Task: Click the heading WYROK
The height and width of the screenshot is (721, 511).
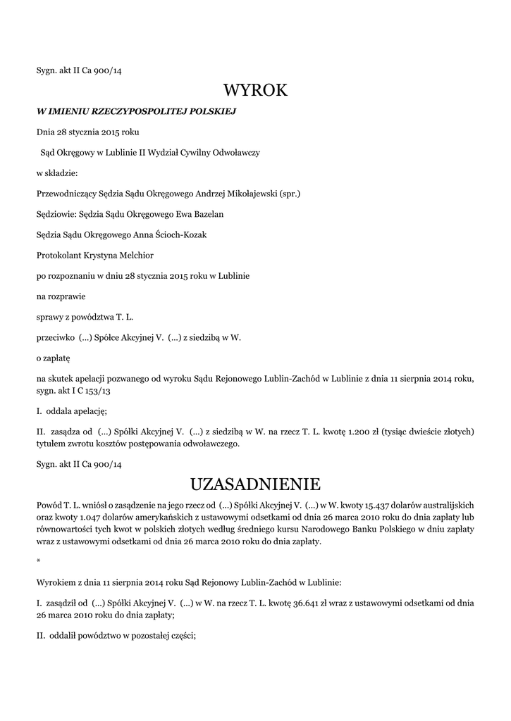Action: [255, 90]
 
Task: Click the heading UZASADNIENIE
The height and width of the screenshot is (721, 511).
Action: [255, 484]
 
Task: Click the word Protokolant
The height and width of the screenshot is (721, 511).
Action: [59, 255]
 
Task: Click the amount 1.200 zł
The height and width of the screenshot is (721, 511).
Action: [358, 431]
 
